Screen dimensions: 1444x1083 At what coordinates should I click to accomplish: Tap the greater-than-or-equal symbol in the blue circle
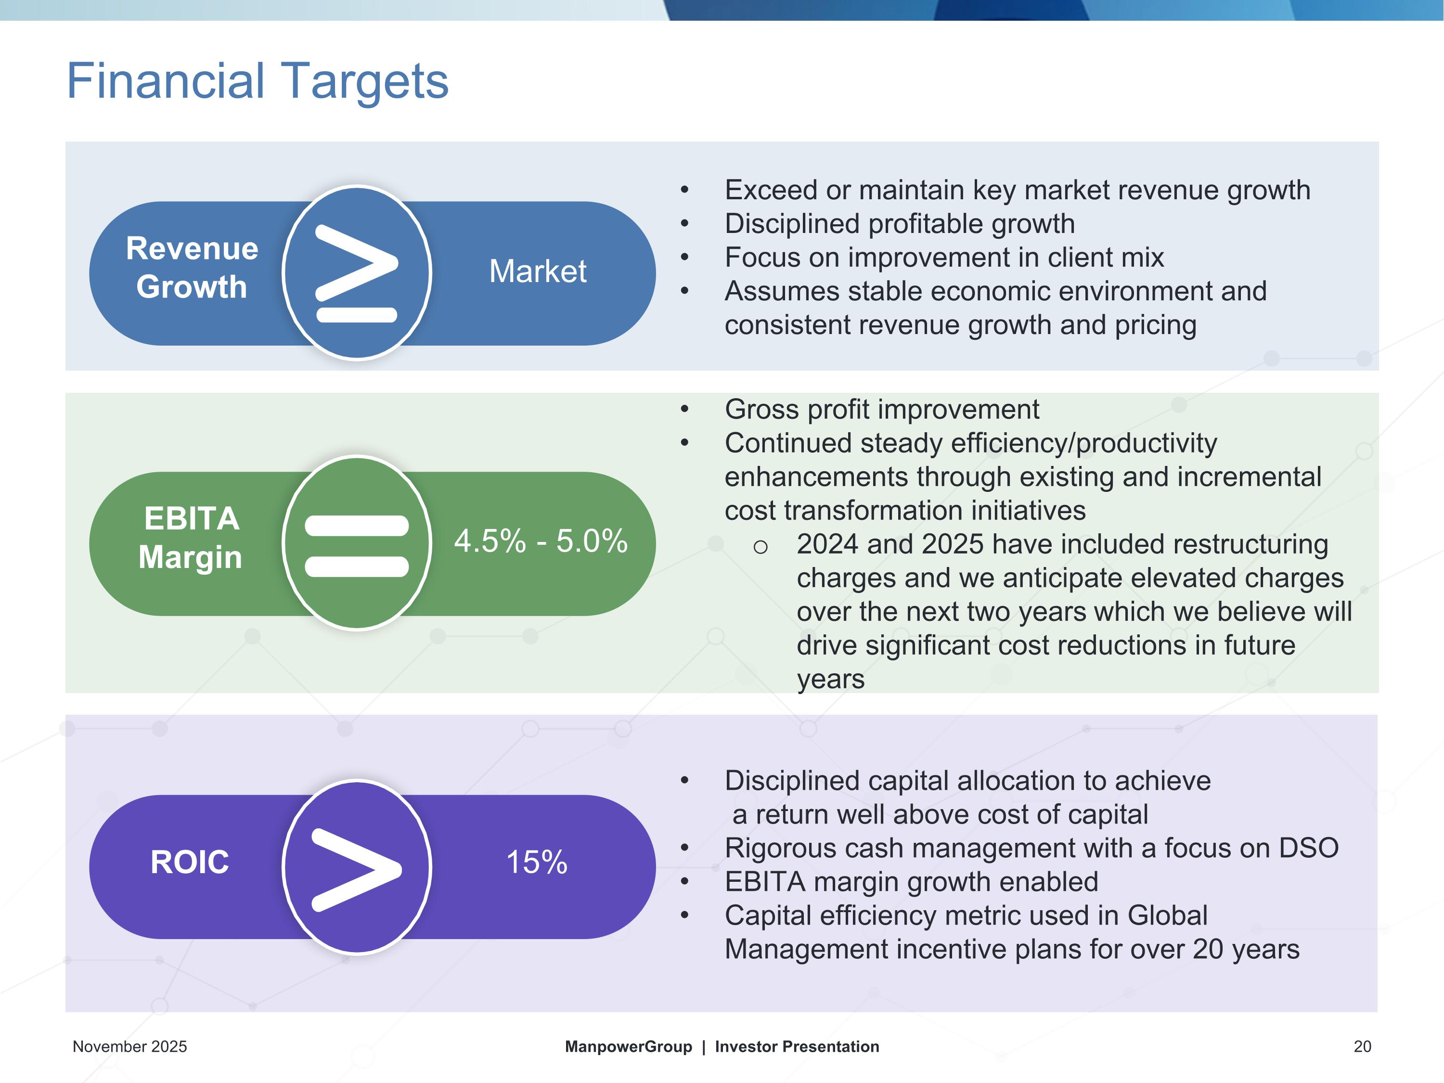tap(357, 273)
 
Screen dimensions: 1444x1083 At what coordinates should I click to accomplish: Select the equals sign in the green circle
tap(357, 546)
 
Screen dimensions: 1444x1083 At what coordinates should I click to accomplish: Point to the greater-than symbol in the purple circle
tap(357, 870)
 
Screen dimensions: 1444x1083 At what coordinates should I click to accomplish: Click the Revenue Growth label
tap(192, 268)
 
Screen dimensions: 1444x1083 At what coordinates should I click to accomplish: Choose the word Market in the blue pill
tap(538, 271)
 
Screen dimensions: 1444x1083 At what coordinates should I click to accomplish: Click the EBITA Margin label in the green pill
tap(191, 538)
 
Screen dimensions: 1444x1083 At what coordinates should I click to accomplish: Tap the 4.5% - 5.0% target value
tap(541, 541)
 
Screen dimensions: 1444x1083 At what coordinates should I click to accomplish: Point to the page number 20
tap(1362, 1046)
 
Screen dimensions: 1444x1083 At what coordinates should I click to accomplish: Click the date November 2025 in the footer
tap(130, 1046)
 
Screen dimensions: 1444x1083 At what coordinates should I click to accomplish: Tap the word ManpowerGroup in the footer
tap(629, 1046)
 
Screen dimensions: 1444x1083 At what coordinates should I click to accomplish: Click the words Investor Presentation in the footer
tap(797, 1046)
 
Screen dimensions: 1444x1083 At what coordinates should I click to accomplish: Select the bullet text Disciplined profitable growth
tap(900, 224)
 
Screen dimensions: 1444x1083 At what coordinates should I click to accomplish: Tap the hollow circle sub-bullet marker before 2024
tap(760, 546)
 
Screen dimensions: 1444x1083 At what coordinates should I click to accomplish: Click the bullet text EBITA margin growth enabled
tap(911, 882)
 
